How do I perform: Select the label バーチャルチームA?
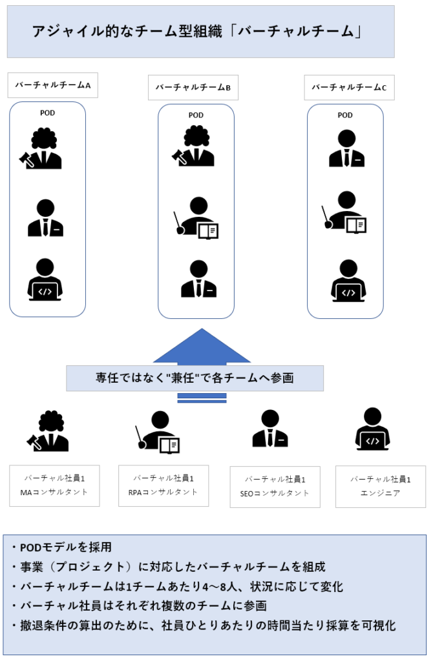[x=53, y=85]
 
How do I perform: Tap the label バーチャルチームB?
[x=193, y=87]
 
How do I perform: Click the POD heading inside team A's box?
[x=47, y=113]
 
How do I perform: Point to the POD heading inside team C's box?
[x=345, y=115]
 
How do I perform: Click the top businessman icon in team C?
[x=346, y=149]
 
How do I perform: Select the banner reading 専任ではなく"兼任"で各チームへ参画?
[x=195, y=378]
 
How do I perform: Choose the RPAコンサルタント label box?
[x=164, y=485]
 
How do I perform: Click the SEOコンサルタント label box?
[x=275, y=487]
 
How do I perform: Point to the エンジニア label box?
[x=380, y=486]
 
